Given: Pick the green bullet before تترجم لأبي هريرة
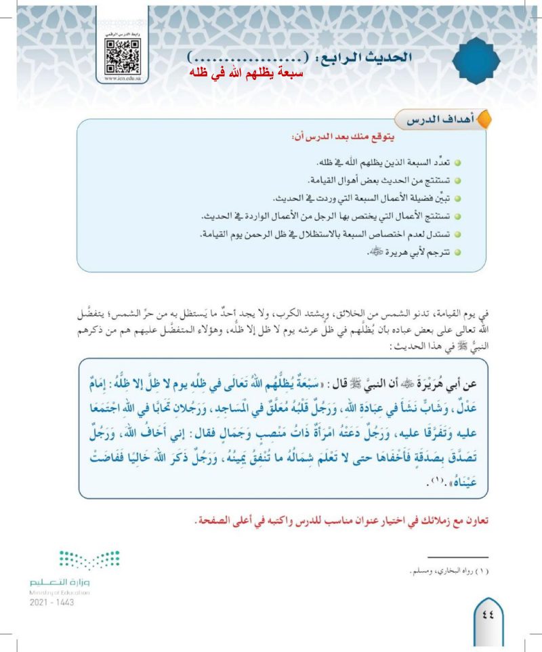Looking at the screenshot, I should (457, 253).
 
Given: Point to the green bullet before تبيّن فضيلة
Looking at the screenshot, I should (457, 201).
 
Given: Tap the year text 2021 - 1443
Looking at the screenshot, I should (51, 602).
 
